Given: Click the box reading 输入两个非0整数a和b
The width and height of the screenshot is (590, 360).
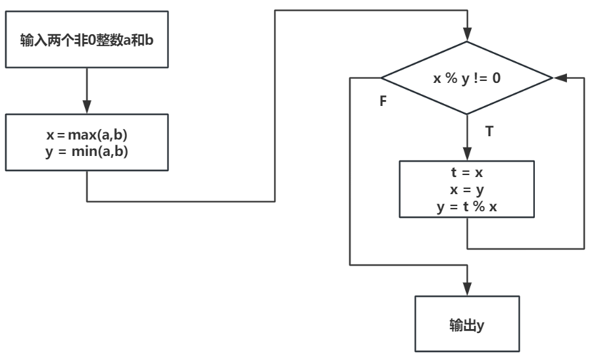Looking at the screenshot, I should point(87,45).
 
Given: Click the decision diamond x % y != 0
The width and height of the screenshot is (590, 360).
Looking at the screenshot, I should point(467,78).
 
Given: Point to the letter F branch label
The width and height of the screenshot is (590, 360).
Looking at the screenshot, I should point(383,104).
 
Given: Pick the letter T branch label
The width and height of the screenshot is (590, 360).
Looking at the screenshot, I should point(489,131).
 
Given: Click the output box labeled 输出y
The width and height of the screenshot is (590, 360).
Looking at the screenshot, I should point(467,324).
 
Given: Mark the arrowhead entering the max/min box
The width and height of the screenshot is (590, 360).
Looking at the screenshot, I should point(87,108).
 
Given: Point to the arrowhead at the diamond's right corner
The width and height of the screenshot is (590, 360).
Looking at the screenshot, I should point(560,78).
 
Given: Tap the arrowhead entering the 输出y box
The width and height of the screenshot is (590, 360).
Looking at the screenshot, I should point(467,290).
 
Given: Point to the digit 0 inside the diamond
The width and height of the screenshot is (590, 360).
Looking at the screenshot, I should point(497,78).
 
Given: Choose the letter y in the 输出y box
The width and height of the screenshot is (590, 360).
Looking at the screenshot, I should point(481,325).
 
